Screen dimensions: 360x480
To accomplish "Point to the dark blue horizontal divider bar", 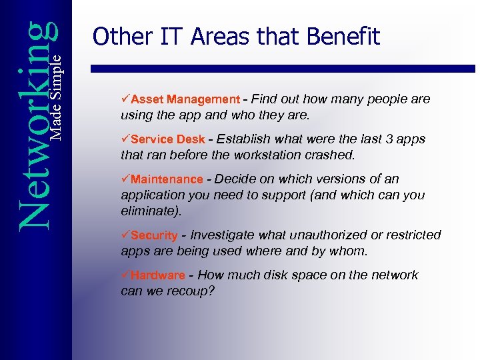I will point(283,68).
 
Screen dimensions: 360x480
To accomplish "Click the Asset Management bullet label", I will point(185,99).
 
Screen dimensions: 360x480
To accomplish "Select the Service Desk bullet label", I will point(168,139).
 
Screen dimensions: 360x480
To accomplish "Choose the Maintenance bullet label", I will point(167,179).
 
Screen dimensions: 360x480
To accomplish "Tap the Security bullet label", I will point(155,235).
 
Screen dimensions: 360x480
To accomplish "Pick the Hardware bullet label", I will point(158,275).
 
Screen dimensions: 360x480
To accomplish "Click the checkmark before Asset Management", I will point(125,99).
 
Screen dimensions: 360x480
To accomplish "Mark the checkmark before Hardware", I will point(125,275).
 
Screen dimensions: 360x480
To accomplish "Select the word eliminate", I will point(148,211).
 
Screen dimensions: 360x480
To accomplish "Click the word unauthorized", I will point(317,235).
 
